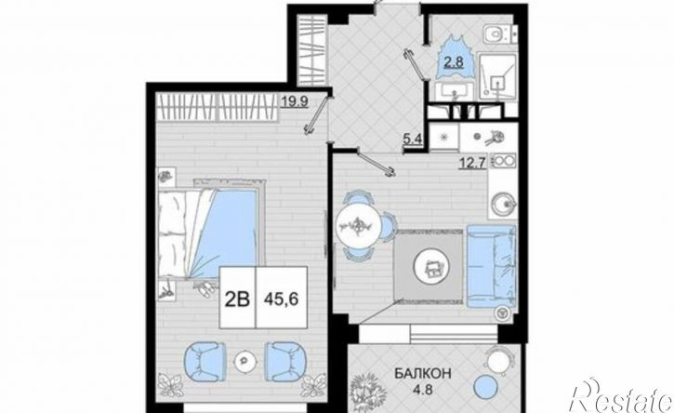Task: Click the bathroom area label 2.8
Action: (x=454, y=63)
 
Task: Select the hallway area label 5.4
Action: (x=411, y=139)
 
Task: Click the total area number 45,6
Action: (x=282, y=299)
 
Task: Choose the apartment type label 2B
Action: (x=238, y=299)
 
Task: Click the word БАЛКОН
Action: (x=423, y=374)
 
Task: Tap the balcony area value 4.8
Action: (x=423, y=391)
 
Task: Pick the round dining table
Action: (x=359, y=224)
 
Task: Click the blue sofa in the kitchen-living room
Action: (x=491, y=265)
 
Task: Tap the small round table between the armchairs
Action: (x=245, y=360)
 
